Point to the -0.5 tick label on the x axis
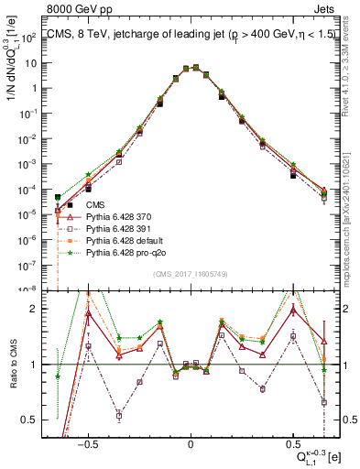[86, 442]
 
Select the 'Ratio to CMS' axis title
[12, 365]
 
